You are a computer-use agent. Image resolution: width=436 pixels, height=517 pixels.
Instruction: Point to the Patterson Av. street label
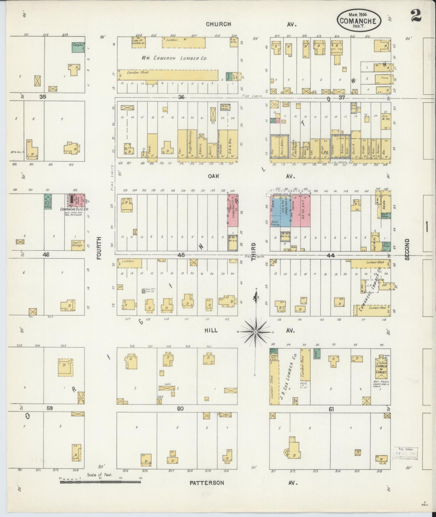tap(207, 483)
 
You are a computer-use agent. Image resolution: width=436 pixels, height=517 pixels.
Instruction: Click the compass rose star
tap(256, 332)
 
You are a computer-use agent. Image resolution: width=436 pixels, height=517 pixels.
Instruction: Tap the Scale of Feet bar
tap(100, 482)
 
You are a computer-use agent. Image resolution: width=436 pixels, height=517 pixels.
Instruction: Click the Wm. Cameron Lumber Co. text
tap(174, 58)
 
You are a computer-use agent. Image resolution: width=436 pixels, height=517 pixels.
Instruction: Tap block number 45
tap(181, 255)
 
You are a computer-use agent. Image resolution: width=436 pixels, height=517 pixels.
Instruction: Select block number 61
tap(331, 409)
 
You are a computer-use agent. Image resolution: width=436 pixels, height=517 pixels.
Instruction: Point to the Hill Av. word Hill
tap(211, 331)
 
